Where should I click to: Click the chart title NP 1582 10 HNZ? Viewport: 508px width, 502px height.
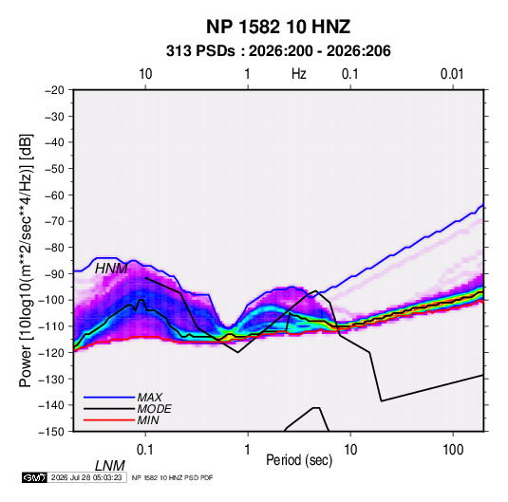[278, 27]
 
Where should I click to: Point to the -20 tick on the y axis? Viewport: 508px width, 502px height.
[54, 90]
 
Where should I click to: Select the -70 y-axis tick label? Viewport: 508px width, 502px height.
[54, 221]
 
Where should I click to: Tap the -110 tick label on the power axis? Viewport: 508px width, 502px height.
[52, 326]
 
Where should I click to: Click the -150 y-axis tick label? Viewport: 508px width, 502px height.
[52, 432]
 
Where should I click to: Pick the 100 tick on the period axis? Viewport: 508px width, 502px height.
[453, 450]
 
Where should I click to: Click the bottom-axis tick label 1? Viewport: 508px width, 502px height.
[247, 450]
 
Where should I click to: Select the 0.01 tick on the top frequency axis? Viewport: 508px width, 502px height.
[452, 74]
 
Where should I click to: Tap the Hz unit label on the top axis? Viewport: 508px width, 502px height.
[299, 74]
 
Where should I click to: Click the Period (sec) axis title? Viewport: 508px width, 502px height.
[299, 460]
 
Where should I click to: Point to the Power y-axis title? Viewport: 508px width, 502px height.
[26, 260]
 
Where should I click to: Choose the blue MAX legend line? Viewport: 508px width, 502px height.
[109, 398]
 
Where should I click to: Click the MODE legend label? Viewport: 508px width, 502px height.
[154, 409]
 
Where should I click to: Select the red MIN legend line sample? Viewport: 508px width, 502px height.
[109, 420]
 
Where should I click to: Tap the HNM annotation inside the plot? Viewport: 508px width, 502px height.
[111, 269]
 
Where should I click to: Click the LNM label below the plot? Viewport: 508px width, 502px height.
[110, 466]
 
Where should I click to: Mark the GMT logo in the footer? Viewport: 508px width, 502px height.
[35, 477]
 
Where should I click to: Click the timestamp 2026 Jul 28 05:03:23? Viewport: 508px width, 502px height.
[86, 477]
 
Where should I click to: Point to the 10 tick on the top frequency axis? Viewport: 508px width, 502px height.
[145, 74]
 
